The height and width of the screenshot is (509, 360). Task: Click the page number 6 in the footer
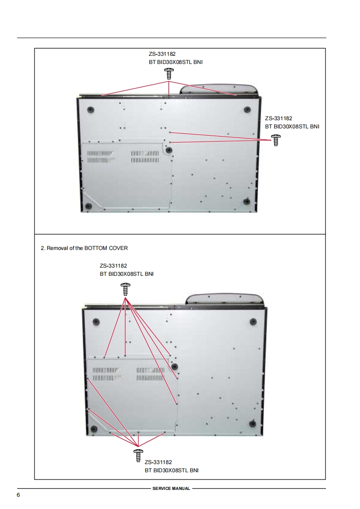(18, 495)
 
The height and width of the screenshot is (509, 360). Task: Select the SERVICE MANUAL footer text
(171, 488)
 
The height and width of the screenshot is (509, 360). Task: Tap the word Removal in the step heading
(58, 248)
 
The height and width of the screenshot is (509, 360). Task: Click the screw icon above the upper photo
(169, 73)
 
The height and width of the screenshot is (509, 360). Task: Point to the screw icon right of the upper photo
(276, 140)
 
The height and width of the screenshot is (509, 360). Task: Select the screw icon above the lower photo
(125, 289)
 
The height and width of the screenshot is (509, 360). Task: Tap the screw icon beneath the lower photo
(138, 455)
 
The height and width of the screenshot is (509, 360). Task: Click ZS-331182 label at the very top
(162, 54)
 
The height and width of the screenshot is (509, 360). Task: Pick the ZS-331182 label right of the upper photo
(278, 118)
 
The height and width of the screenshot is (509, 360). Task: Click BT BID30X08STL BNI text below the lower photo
(172, 470)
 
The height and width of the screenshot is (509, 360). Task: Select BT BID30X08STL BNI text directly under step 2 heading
(127, 274)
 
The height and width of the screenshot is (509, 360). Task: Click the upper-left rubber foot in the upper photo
(91, 109)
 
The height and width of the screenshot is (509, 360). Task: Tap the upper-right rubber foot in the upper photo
(247, 109)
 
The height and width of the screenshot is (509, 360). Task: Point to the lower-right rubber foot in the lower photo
(252, 424)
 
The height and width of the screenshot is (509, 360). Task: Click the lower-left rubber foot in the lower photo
(94, 429)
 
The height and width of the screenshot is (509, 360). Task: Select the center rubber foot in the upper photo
(168, 150)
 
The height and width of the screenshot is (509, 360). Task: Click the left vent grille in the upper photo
(101, 157)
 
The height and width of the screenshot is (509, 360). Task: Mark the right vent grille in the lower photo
(151, 374)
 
